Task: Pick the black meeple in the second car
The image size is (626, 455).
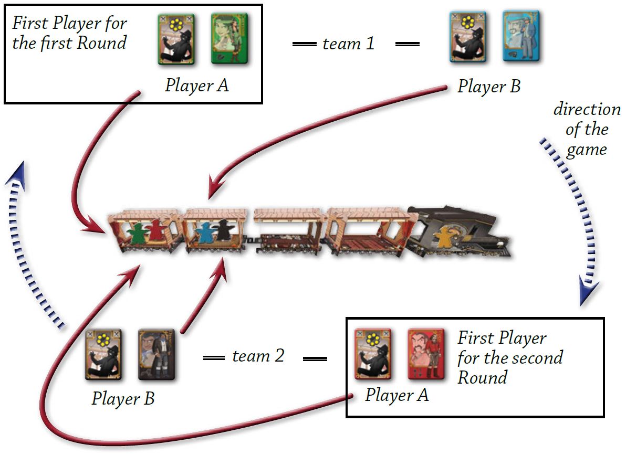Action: tap(224, 231)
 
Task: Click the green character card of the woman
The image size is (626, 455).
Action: tap(229, 39)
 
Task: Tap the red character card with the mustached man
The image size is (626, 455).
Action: tap(426, 354)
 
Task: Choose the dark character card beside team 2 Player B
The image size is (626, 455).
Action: tap(156, 354)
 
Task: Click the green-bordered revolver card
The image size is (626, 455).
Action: tap(176, 39)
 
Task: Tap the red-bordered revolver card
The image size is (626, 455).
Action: tap(372, 354)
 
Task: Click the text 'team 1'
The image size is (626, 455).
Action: tap(349, 44)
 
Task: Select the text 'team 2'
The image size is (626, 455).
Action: tap(258, 356)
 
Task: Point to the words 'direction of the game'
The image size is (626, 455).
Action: tap(587, 130)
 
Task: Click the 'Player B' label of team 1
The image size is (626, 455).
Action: tap(488, 87)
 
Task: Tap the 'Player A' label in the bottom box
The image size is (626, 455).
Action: tap(397, 395)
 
